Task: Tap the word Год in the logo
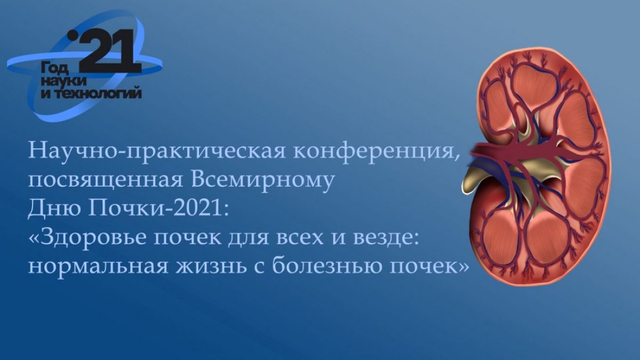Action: point(55,69)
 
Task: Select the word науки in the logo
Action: point(63,82)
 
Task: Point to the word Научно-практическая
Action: point(157,151)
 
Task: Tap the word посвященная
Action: point(105,180)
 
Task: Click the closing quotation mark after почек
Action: point(463,267)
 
